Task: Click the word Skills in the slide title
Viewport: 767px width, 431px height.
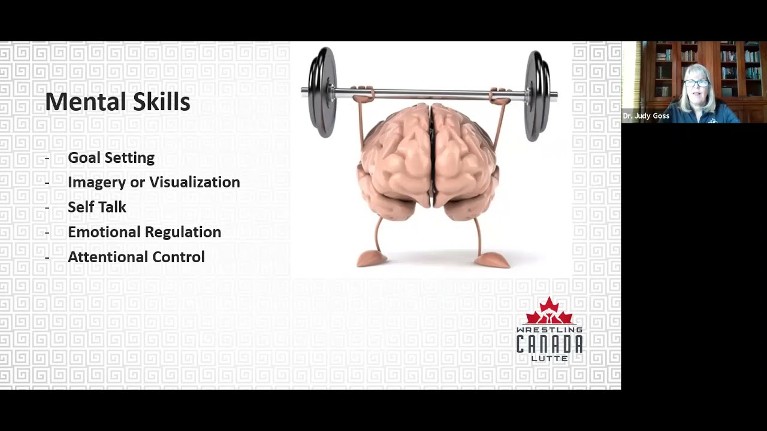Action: tap(162, 101)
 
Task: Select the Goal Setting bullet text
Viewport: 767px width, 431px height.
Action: tap(111, 158)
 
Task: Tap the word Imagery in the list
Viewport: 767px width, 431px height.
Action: tap(97, 183)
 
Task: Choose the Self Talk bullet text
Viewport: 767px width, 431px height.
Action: tap(97, 207)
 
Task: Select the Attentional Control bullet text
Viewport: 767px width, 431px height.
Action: tap(136, 257)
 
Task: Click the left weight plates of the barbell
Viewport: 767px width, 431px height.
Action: tap(322, 92)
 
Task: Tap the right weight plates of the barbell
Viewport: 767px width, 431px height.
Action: tap(537, 96)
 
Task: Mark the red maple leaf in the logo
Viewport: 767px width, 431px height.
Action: tap(549, 311)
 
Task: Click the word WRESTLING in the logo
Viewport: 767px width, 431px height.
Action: tap(549, 330)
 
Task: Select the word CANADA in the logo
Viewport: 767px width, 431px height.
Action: tap(549, 344)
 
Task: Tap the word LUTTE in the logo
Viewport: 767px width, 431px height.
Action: tap(549, 358)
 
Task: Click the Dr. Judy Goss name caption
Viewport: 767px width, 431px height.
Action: tap(646, 116)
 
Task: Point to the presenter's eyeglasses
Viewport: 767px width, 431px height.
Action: tap(696, 83)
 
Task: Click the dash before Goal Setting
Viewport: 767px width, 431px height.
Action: tap(47, 159)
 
